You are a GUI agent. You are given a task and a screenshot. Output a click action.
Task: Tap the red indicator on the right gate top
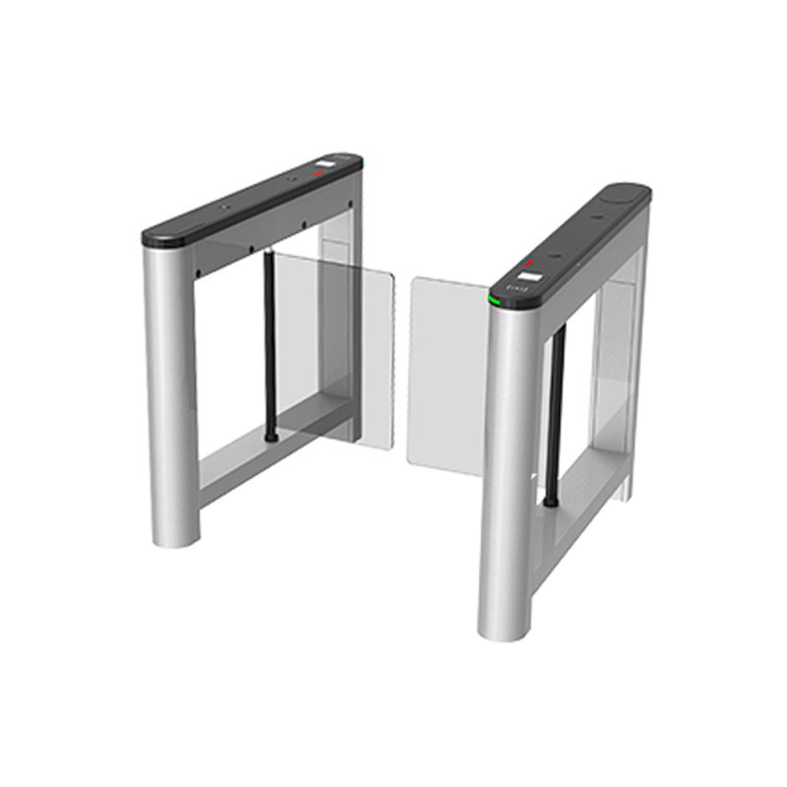coord(531,263)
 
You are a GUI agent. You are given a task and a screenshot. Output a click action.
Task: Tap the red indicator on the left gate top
coord(318,172)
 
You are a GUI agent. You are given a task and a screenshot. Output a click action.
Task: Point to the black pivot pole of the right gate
coord(557,413)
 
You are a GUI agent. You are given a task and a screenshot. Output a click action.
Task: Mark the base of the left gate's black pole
coord(271,436)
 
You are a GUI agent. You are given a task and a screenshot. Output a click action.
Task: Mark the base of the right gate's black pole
coord(552,502)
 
